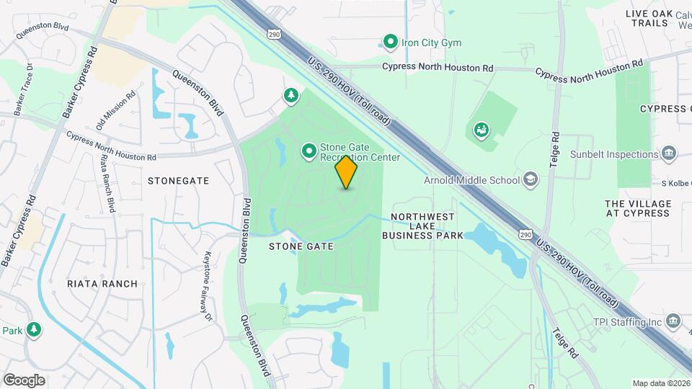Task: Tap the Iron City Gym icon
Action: coord(391,43)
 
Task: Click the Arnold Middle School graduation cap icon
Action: coord(531,180)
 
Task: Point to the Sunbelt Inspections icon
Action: coord(670,153)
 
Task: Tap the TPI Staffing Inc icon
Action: coord(673,321)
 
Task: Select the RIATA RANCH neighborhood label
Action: coord(102,284)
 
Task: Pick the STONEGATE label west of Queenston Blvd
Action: coord(178,181)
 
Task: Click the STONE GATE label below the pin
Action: coord(301,246)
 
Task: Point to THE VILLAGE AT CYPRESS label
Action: coord(637,208)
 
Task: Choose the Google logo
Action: coord(24,380)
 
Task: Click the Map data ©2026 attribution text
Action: coord(660,383)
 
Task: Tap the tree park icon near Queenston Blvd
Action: coord(291,95)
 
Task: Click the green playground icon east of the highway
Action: coord(480,130)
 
